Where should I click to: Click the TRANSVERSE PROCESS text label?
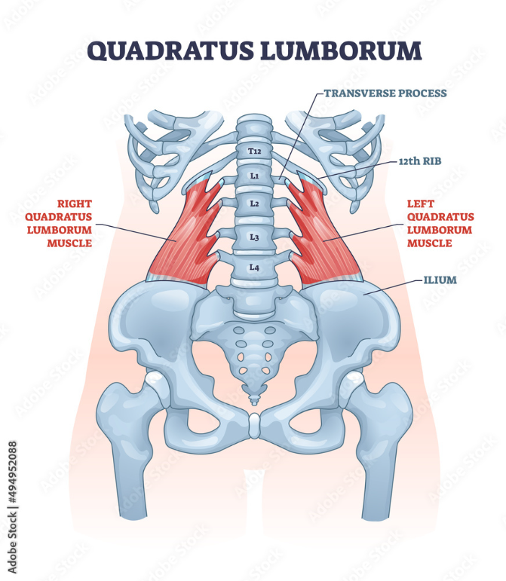click(385, 93)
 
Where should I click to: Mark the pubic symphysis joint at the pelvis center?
click(254, 427)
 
